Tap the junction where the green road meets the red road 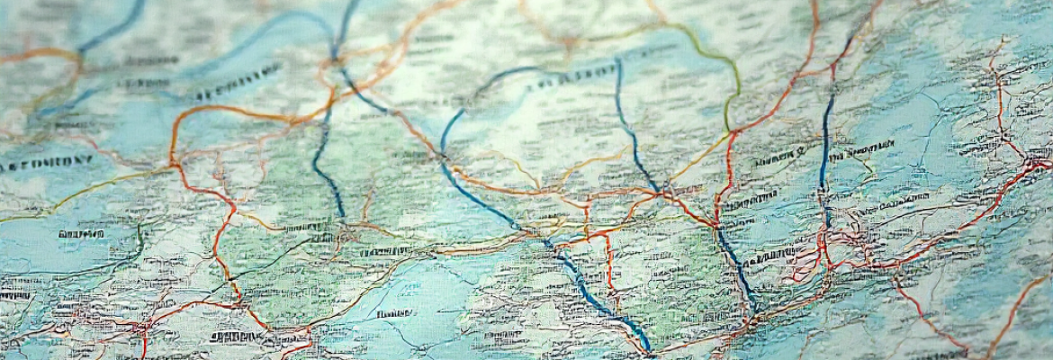click(731, 133)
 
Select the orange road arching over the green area click(234, 111)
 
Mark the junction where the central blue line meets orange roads click(667, 190)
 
